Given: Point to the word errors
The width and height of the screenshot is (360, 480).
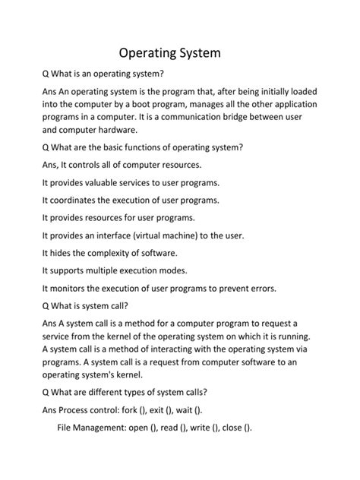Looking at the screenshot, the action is (x=258, y=288).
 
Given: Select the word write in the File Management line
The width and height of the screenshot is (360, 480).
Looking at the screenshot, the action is (x=204, y=427).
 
